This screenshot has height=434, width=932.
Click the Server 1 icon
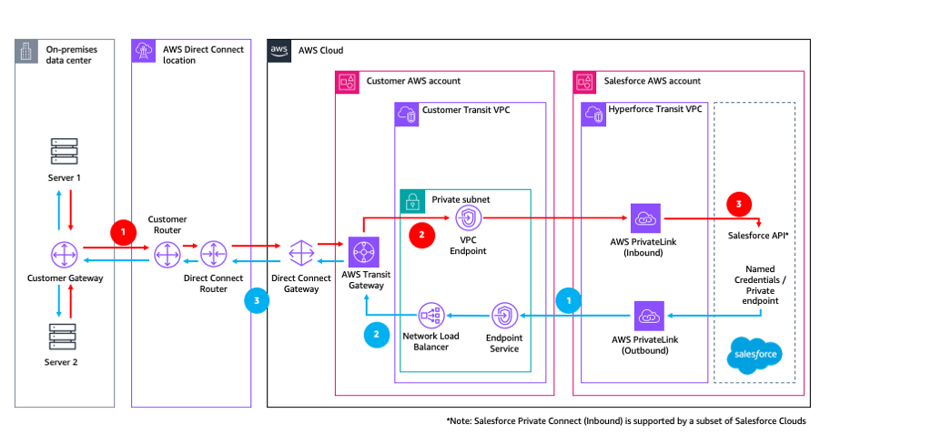(x=65, y=151)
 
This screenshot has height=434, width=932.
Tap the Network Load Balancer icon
(x=431, y=316)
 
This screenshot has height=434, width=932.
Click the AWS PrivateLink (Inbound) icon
(x=647, y=218)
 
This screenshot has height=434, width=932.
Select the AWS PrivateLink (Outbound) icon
(x=649, y=316)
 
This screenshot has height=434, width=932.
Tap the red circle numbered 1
(x=122, y=232)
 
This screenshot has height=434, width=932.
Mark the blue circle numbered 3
(x=257, y=301)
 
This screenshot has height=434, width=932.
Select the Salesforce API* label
(x=759, y=236)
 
